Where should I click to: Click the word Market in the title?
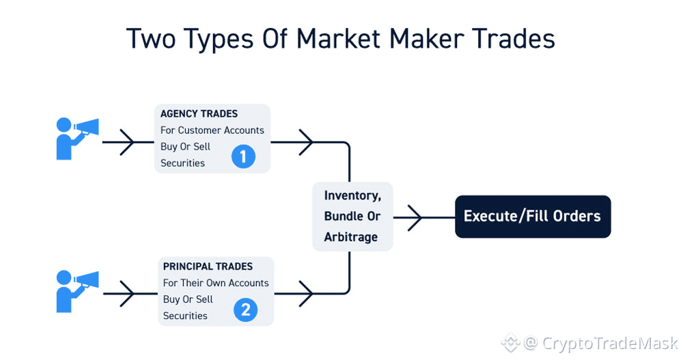click(x=338, y=38)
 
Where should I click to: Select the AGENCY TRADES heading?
click(x=199, y=114)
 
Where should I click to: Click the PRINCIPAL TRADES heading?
click(x=208, y=266)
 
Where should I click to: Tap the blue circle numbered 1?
click(x=244, y=156)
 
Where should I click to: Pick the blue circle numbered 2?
click(x=246, y=309)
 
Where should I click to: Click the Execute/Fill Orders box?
click(x=533, y=217)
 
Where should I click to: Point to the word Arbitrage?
click(x=350, y=237)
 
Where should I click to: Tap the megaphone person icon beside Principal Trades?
click(x=76, y=292)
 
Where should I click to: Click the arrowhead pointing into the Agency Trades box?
click(x=127, y=142)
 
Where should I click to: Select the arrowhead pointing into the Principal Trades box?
click(x=127, y=294)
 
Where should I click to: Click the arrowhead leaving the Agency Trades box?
click(x=306, y=142)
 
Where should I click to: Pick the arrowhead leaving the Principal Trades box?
click(x=306, y=294)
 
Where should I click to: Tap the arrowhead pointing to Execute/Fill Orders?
click(x=415, y=217)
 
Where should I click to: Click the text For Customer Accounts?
click(x=212, y=130)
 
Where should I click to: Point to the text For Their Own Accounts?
click(x=216, y=283)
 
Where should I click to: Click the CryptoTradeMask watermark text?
click(x=610, y=344)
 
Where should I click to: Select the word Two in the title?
click(x=151, y=38)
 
